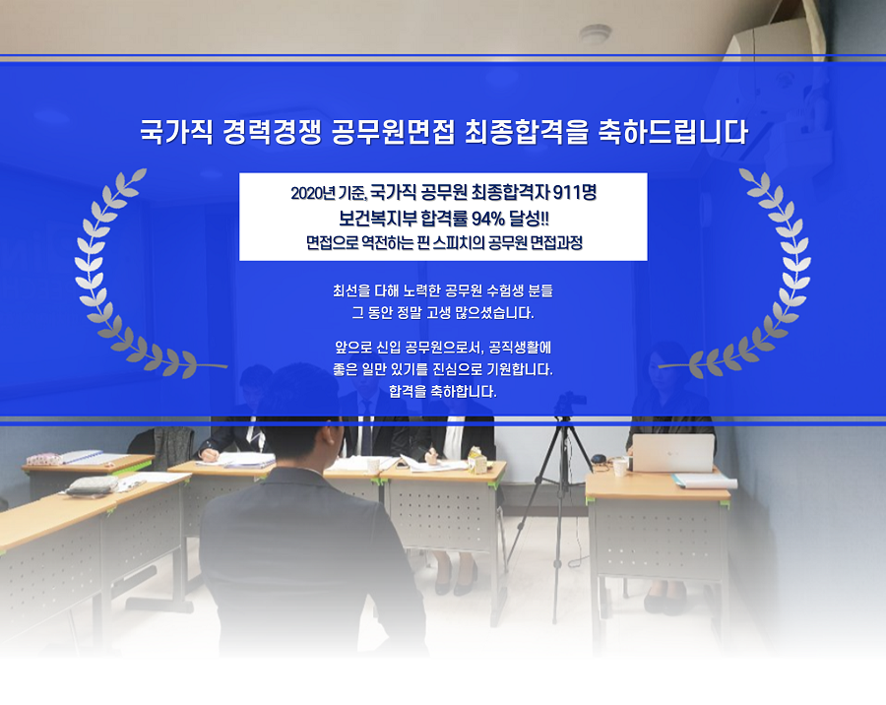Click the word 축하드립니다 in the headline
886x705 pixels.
(x=673, y=132)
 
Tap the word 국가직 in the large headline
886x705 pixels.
(x=176, y=132)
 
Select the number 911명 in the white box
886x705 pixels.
(x=574, y=193)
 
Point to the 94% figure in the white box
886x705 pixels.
(x=487, y=218)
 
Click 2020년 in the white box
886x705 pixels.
(x=312, y=193)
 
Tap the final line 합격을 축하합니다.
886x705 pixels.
(x=443, y=391)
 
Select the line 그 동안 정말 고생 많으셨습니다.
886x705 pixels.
(x=443, y=313)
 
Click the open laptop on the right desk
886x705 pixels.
(x=672, y=452)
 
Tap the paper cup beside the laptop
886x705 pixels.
(x=620, y=467)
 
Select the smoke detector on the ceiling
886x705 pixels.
(x=595, y=33)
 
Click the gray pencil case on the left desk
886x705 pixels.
(x=93, y=485)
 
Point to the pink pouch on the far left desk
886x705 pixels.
(x=44, y=459)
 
